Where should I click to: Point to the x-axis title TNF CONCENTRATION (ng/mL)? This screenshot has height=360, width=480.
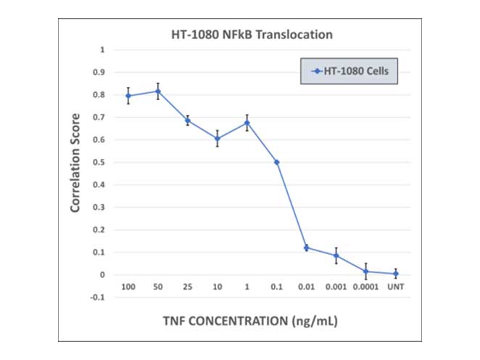click(249, 319)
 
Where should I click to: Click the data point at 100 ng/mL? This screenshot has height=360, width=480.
click(128, 96)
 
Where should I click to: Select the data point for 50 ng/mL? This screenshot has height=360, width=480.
click(158, 91)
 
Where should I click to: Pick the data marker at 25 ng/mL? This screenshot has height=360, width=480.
click(187, 120)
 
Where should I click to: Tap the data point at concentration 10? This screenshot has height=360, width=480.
click(217, 139)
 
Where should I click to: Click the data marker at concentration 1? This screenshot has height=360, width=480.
click(247, 123)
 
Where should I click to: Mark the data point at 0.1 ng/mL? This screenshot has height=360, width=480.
click(276, 162)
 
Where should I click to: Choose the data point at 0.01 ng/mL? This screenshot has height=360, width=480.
click(306, 247)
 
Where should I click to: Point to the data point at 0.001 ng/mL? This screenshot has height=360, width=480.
click(336, 255)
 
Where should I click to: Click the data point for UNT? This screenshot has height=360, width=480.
click(395, 274)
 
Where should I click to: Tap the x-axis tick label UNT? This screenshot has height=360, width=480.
click(395, 287)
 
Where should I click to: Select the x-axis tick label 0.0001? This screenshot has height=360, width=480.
click(365, 287)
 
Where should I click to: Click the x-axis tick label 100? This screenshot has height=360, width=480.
click(128, 287)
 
